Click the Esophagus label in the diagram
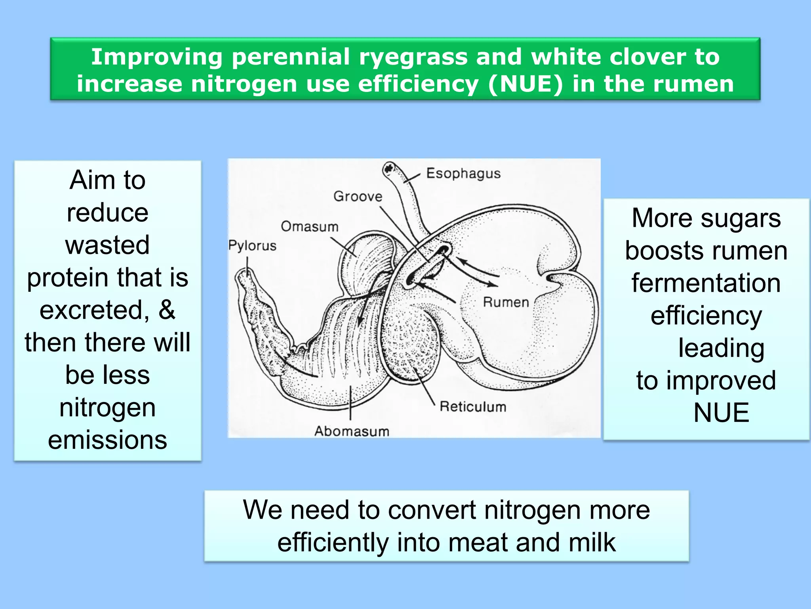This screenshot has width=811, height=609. (x=463, y=174)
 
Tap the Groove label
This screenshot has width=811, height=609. (x=358, y=196)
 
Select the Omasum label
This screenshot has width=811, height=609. (x=310, y=227)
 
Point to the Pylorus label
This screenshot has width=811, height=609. (x=252, y=245)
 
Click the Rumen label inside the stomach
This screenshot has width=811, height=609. (x=506, y=303)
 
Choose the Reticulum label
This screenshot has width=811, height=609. (x=473, y=407)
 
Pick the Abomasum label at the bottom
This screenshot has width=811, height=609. (x=352, y=431)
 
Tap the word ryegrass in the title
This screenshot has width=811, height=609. (x=413, y=57)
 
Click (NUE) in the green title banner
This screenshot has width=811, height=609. (x=525, y=84)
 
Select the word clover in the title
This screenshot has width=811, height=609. (x=647, y=57)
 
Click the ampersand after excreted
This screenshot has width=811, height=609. (x=167, y=310)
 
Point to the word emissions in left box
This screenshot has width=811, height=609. (x=108, y=440)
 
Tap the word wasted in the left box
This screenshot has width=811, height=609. (x=108, y=245)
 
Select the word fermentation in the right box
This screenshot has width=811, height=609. (x=706, y=283)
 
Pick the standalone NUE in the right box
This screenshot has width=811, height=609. (x=721, y=413)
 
